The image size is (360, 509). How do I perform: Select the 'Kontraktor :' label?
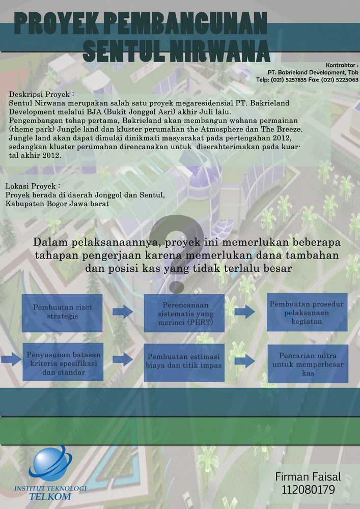coord(342,65)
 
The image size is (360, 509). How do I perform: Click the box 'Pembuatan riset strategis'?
coord(63,312)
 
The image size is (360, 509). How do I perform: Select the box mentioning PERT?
coord(184,312)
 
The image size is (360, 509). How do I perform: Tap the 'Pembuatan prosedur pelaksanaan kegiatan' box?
coord(307,312)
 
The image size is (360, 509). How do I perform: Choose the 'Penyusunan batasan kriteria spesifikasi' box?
coord(63,362)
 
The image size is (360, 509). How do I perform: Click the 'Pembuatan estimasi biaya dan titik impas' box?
coord(184,362)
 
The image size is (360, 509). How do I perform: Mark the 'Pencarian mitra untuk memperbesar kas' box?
coord(307,362)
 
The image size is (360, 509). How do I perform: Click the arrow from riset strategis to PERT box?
coord(122,312)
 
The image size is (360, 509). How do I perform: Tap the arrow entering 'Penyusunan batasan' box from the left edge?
coord(10,361)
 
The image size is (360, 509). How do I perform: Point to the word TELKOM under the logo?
coord(49,497)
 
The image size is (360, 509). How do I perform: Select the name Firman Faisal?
coord(308,477)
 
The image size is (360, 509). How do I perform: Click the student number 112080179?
coord(308,490)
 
